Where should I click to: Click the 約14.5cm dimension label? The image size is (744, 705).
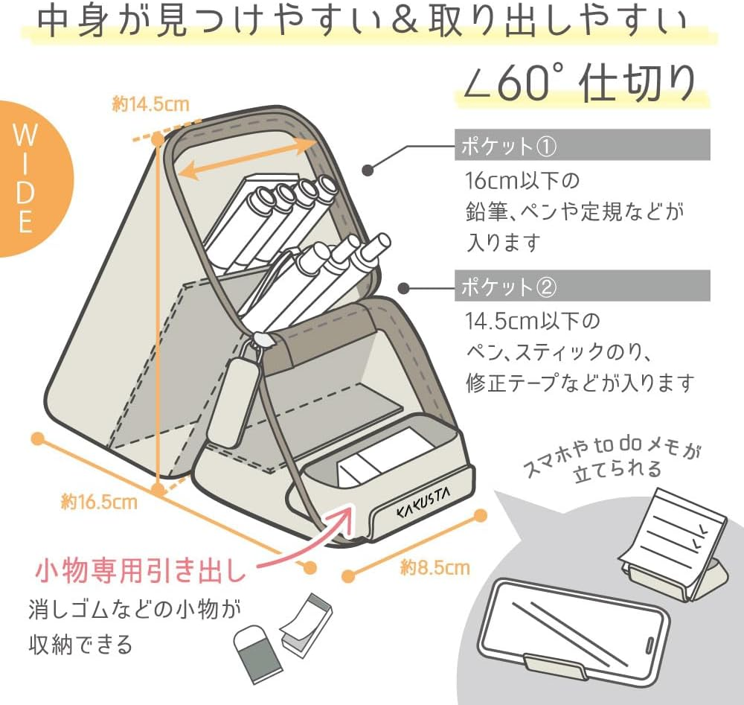tap(150, 105)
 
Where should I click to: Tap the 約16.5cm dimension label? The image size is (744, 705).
tap(99, 502)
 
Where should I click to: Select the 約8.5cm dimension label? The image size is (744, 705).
tap(434, 568)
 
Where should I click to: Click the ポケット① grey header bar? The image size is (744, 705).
tap(582, 145)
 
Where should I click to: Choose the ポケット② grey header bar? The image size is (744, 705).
tap(582, 286)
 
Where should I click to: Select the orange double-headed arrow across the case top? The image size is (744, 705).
tap(249, 158)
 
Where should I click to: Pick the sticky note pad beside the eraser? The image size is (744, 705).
tap(307, 624)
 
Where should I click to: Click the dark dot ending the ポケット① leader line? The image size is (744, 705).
tap(369, 170)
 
